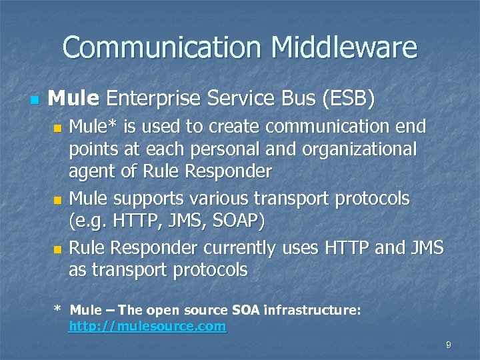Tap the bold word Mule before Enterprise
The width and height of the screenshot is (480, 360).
tap(73, 99)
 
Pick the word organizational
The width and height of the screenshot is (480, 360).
tap(358, 149)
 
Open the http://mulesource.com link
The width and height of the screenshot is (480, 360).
tap(148, 327)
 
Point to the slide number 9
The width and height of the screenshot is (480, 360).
tap(449, 345)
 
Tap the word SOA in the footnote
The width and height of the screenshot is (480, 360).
tap(246, 310)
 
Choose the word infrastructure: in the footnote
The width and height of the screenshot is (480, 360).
tap(312, 310)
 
